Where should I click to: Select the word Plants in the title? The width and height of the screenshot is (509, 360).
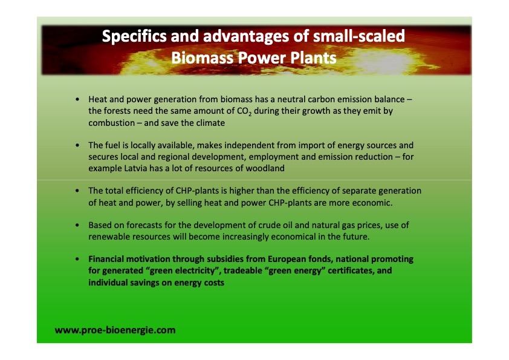[312, 58]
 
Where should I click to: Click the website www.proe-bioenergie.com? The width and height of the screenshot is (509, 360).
[115, 330]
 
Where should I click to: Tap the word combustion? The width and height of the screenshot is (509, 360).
[112, 123]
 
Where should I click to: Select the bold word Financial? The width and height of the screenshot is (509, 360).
[109, 259]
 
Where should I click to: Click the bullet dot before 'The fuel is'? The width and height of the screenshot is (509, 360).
[77, 146]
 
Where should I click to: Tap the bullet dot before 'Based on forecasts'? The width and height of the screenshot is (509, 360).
[77, 225]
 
